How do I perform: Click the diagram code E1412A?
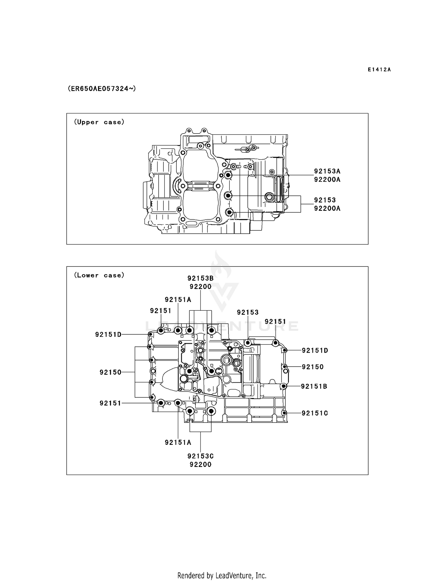[x=379, y=70]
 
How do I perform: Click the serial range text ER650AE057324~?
[x=102, y=89]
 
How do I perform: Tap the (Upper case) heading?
[x=99, y=122]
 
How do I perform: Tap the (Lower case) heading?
[x=99, y=275]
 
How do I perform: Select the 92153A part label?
[x=327, y=171]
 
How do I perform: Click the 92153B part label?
[x=200, y=278]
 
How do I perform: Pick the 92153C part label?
[x=200, y=456]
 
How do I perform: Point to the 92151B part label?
[x=314, y=386]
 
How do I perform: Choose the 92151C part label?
[x=315, y=413]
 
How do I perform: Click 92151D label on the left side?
[x=108, y=335]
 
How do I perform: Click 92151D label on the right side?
[x=315, y=351]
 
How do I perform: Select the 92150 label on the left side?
[x=110, y=372]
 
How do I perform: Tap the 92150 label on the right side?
[x=313, y=367]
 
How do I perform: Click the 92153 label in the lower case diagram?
[x=248, y=312]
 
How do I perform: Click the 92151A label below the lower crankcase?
[x=178, y=442]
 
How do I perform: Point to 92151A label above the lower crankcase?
[x=178, y=300]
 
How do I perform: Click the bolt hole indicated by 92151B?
[x=283, y=386]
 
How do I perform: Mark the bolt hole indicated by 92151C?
[x=284, y=413]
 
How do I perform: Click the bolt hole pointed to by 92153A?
[x=228, y=175]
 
